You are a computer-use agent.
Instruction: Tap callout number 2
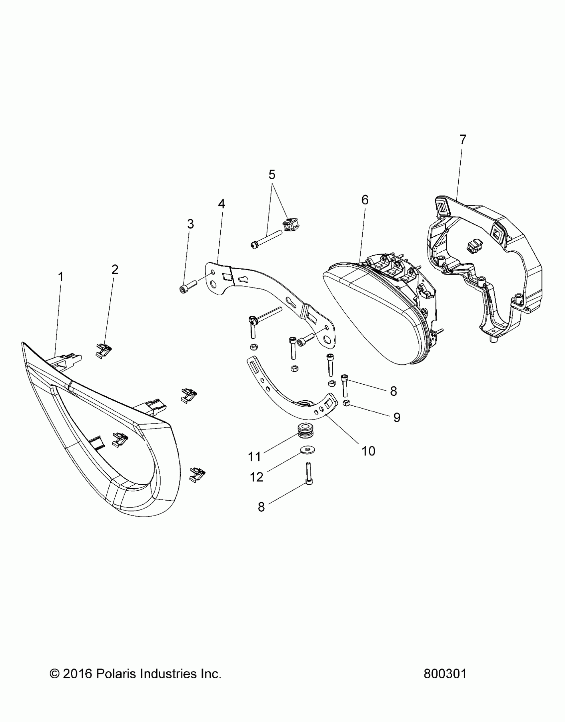(x=115, y=270)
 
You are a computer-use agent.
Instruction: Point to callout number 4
(x=221, y=204)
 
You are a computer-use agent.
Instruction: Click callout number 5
(x=272, y=174)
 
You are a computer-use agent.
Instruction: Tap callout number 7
(x=463, y=139)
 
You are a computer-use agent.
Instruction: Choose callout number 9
(x=396, y=417)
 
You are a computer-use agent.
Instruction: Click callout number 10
(x=368, y=451)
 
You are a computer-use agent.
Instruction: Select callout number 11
(x=255, y=457)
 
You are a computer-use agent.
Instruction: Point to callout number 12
(x=257, y=477)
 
